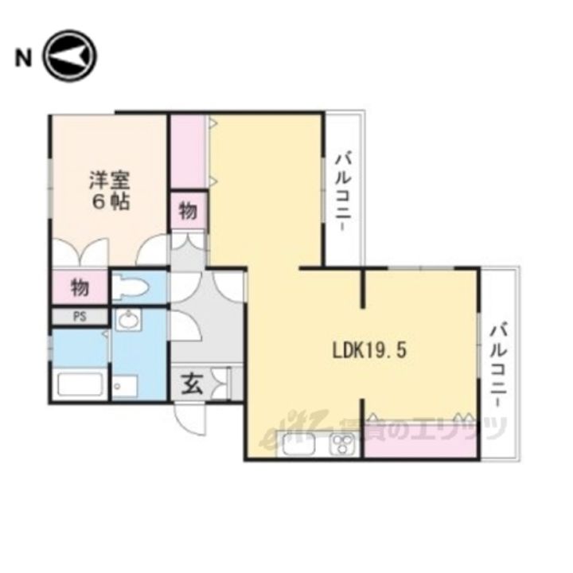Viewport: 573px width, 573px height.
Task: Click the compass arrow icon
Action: pyautogui.click(x=69, y=57)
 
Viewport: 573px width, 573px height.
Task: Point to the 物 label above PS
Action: pyautogui.click(x=79, y=286)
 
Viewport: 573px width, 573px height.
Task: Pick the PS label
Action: pyautogui.click(x=79, y=316)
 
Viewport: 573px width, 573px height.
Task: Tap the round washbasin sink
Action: pyautogui.click(x=127, y=322)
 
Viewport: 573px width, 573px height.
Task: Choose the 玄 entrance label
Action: pyautogui.click(x=193, y=384)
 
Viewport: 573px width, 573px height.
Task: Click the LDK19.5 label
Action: pyautogui.click(x=369, y=350)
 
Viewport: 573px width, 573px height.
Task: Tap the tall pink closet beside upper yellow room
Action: pyautogui.click(x=189, y=151)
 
